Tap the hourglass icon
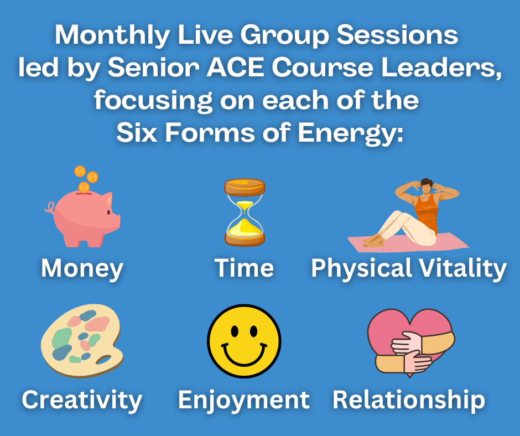245,212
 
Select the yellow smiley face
244,341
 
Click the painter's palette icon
82,341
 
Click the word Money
82,268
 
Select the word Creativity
82,400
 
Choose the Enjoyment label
244,400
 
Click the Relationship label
409,400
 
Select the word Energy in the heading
350,133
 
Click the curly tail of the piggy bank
50,207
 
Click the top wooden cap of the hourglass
245,187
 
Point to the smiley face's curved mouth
244,355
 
